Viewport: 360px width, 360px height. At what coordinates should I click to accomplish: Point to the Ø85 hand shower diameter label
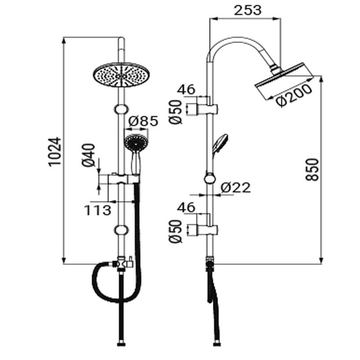click(x=143, y=121)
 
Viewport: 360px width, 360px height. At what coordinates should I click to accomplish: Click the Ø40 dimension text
click(x=89, y=155)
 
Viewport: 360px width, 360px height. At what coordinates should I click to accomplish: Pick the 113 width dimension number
click(x=97, y=209)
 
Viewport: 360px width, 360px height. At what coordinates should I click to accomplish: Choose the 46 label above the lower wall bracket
click(x=186, y=207)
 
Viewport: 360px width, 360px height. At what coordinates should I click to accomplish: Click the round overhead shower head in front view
click(x=121, y=73)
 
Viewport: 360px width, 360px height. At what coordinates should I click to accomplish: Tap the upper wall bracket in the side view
click(x=207, y=108)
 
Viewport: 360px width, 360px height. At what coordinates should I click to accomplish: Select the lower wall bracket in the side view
click(x=207, y=229)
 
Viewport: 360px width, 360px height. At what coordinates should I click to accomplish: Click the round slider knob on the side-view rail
click(x=209, y=179)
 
